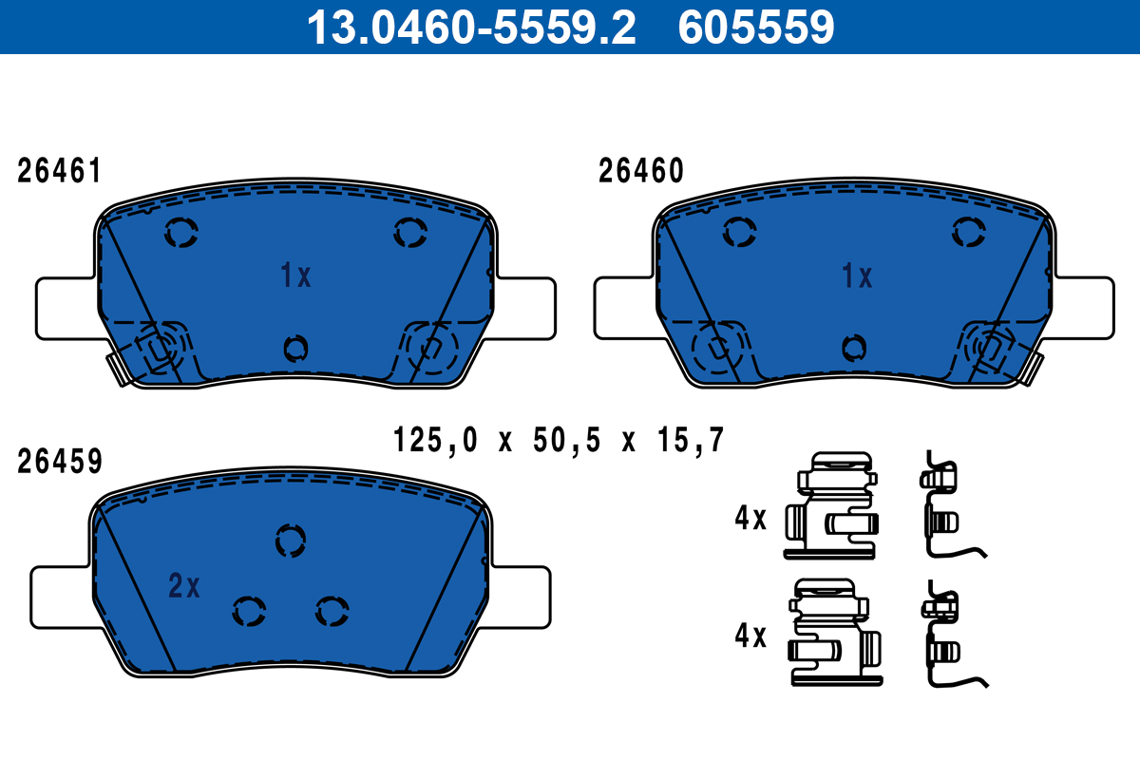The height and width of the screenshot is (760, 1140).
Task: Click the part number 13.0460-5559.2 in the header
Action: click(x=470, y=28)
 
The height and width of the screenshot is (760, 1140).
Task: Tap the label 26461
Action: click(x=59, y=172)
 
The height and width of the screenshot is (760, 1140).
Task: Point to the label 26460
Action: click(x=640, y=172)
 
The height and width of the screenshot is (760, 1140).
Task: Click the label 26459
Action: click(x=59, y=462)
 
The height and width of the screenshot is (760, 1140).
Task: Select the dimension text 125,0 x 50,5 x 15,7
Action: click(x=559, y=440)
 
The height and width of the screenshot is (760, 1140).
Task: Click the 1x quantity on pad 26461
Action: click(x=295, y=276)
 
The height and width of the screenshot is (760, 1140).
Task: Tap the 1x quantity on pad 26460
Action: click(x=857, y=276)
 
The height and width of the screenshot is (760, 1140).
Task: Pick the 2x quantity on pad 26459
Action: click(x=183, y=587)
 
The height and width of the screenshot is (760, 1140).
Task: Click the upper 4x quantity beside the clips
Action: click(x=750, y=518)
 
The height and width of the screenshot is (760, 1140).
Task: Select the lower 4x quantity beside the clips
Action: click(x=750, y=636)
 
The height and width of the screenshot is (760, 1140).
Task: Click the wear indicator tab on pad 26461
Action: click(x=118, y=369)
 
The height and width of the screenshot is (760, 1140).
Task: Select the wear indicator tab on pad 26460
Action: click(x=1033, y=368)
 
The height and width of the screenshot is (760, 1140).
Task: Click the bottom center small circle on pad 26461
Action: click(x=295, y=349)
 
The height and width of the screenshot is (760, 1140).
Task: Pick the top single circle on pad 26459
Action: click(x=290, y=541)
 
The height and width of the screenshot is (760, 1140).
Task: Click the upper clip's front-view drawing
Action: click(x=832, y=504)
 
